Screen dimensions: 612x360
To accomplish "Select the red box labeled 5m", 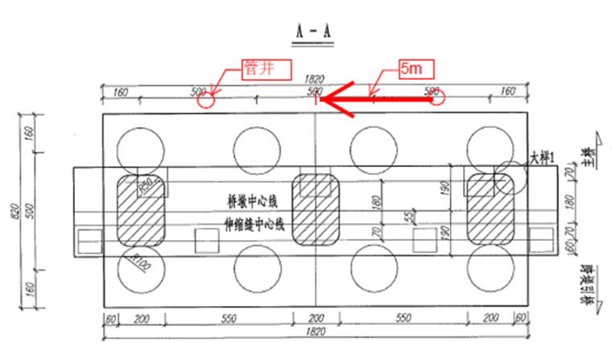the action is (x=416, y=69).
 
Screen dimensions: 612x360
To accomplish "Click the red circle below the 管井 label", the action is (x=209, y=99).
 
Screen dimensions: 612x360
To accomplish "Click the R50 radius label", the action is (x=146, y=185).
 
